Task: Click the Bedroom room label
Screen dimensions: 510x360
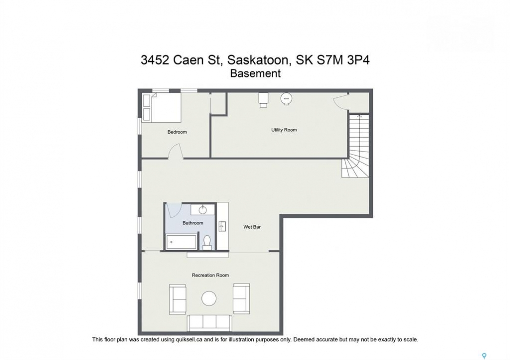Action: pyautogui.click(x=177, y=132)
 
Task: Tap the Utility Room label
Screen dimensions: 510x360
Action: pyautogui.click(x=284, y=130)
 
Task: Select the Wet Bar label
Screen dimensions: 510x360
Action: pyautogui.click(x=252, y=227)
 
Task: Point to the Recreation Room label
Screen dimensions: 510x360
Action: pyautogui.click(x=210, y=275)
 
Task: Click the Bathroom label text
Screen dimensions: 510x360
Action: pyautogui.click(x=193, y=223)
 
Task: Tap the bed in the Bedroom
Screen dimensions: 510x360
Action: pyautogui.click(x=161, y=108)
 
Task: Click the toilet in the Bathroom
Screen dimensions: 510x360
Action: pyautogui.click(x=207, y=242)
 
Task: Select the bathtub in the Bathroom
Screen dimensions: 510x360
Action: pyautogui.click(x=181, y=242)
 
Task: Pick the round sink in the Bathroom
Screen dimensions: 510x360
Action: pyautogui.click(x=202, y=210)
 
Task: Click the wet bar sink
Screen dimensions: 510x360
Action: pyautogui.click(x=223, y=226)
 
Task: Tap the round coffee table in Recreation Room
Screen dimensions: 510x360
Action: pyautogui.click(x=209, y=298)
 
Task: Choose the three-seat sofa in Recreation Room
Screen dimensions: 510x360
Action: pyautogui.click(x=209, y=323)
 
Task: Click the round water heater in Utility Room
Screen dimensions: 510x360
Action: pyautogui.click(x=286, y=99)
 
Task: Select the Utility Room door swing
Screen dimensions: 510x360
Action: pyautogui.click(x=341, y=100)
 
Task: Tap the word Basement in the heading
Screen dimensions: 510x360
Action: pyautogui.click(x=255, y=74)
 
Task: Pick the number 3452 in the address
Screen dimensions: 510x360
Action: pyautogui.click(x=155, y=60)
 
